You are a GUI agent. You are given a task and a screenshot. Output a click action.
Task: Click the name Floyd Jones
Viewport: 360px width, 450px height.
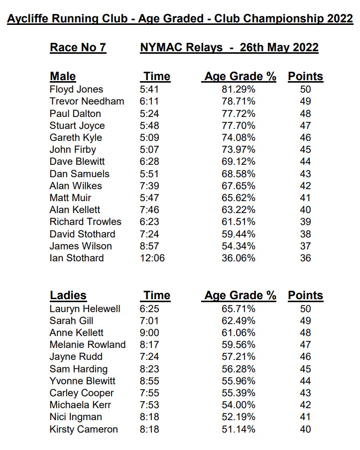click(x=76, y=90)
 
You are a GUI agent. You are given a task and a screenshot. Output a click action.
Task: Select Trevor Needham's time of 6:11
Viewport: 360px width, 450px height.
click(x=150, y=102)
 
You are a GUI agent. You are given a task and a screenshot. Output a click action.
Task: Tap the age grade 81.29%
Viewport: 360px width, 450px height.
click(x=238, y=90)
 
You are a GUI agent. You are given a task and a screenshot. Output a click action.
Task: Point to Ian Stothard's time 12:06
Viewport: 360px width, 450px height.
click(x=152, y=258)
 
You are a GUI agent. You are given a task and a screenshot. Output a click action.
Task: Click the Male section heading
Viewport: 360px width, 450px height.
click(x=63, y=77)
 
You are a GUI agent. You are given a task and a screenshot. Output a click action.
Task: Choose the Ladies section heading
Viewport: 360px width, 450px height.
click(x=68, y=295)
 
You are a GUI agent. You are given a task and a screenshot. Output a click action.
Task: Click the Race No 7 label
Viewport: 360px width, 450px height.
click(x=78, y=48)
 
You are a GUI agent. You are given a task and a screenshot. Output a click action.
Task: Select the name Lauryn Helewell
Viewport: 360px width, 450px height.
click(x=85, y=309)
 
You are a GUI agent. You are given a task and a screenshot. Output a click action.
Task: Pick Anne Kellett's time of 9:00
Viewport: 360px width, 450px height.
click(x=150, y=333)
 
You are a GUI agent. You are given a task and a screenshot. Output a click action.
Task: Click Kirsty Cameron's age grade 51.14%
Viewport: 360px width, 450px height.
click(x=238, y=429)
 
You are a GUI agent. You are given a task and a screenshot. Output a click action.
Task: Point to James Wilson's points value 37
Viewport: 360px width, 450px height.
click(x=305, y=246)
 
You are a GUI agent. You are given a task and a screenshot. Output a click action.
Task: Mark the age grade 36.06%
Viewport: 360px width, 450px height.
click(x=238, y=258)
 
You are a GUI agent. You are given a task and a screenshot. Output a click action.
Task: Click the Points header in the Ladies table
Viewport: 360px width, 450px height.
click(x=305, y=295)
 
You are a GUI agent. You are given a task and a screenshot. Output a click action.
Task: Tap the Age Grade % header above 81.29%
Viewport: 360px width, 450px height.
click(x=240, y=77)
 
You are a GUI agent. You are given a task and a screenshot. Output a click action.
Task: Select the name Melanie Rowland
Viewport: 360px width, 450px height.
click(x=88, y=344)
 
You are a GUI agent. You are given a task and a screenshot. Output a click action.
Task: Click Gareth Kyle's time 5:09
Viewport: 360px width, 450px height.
click(x=150, y=137)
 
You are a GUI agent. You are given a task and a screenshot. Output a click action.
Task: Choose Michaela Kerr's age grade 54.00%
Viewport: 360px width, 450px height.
click(x=238, y=405)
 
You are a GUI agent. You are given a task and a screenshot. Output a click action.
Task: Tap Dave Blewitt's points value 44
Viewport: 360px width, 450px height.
click(x=305, y=162)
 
